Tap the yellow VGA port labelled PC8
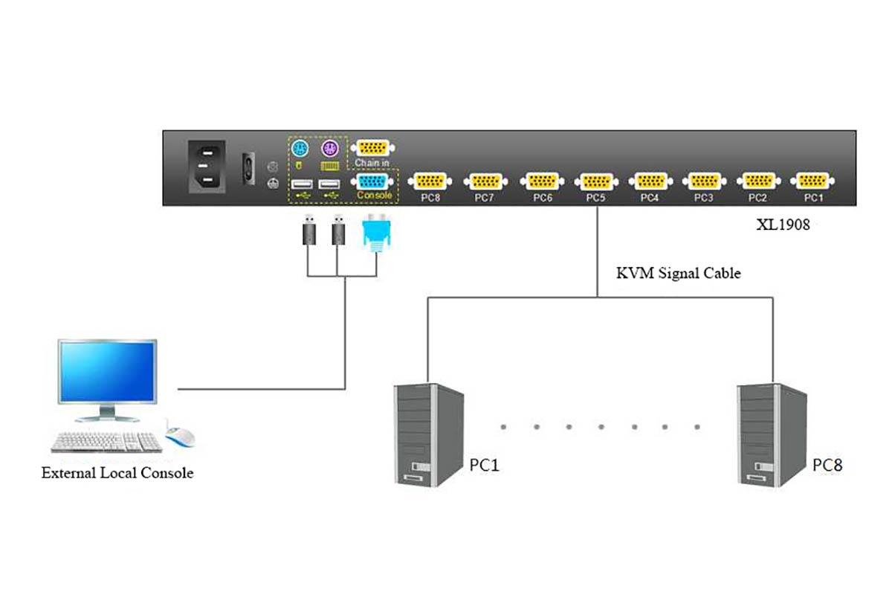[x=430, y=181]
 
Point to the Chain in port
[x=375, y=147]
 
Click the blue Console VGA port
[x=375, y=181]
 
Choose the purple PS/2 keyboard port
[x=329, y=149]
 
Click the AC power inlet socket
[x=207, y=168]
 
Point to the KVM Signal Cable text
[x=678, y=273]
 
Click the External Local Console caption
[x=117, y=472]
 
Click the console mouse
[x=180, y=438]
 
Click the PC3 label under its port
[x=704, y=199]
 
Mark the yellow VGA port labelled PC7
[x=485, y=181]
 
